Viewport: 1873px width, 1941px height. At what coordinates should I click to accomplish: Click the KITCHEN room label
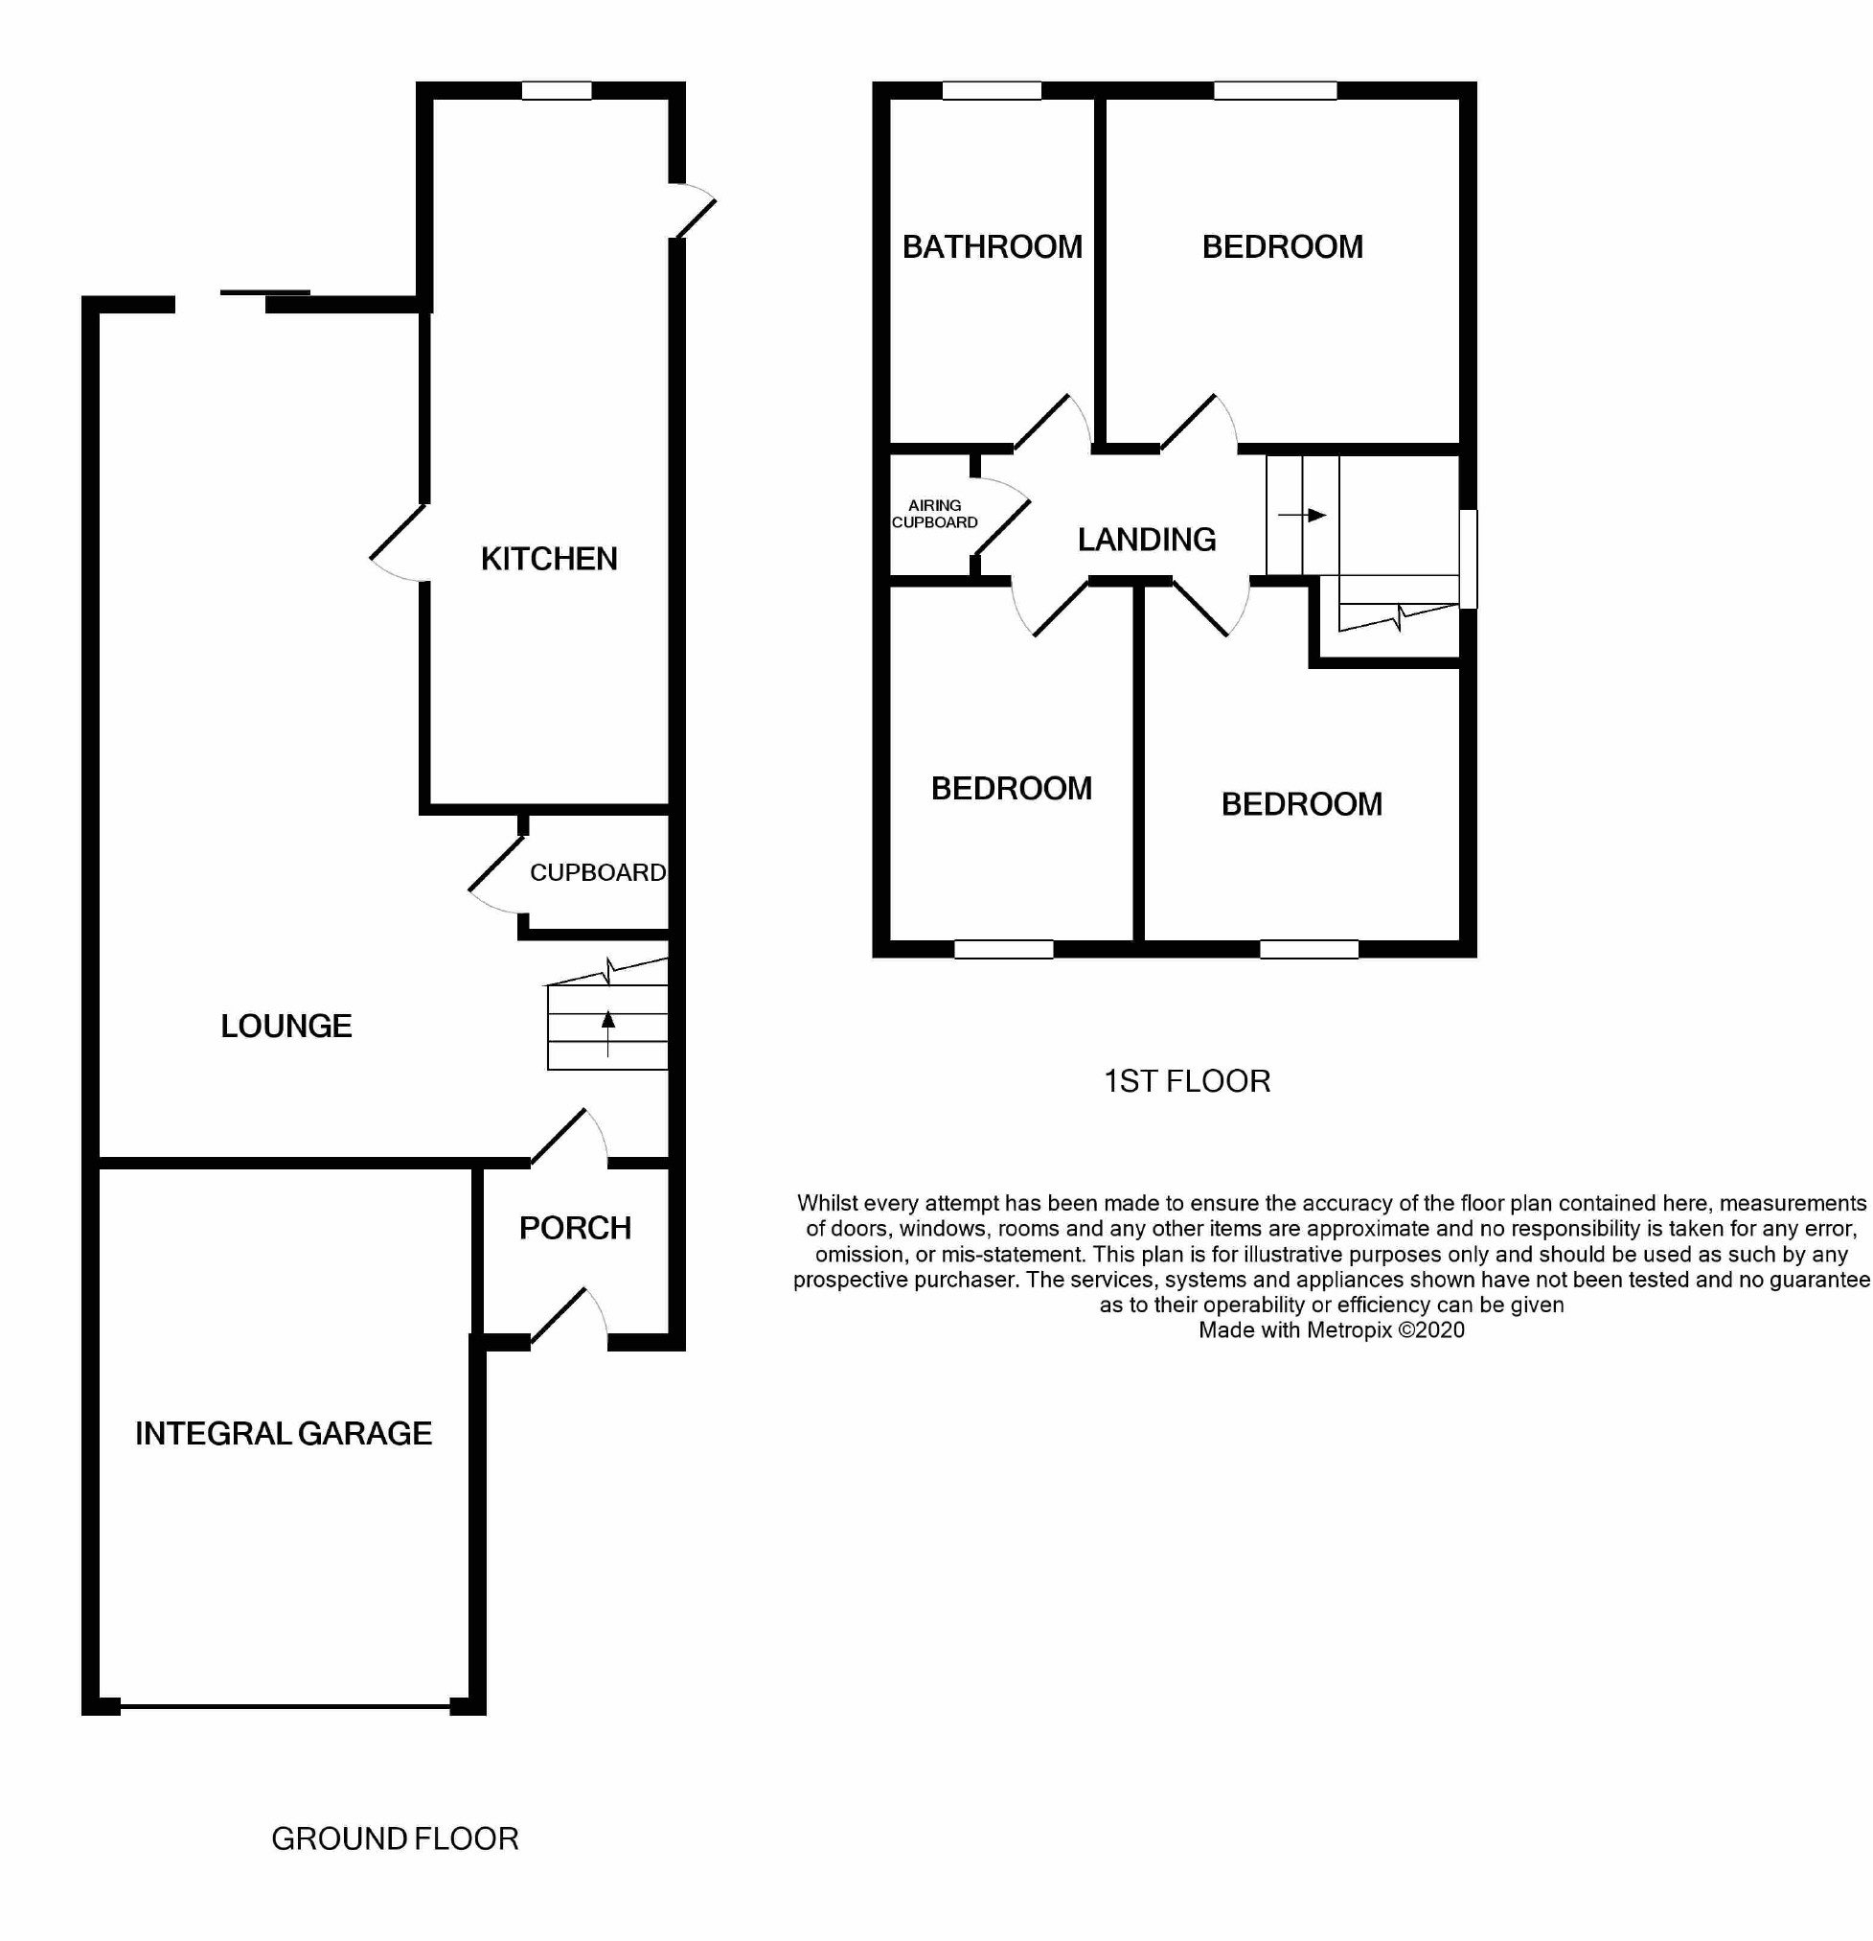tap(548, 560)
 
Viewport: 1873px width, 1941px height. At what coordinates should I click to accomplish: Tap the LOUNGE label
tap(286, 1026)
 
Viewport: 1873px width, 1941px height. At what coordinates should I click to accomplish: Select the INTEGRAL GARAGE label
tap(284, 1434)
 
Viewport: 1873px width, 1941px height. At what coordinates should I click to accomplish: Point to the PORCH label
tap(575, 1229)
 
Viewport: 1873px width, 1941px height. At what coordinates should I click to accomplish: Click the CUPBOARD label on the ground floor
tap(597, 872)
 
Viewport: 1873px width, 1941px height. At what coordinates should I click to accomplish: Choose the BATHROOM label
tap(992, 246)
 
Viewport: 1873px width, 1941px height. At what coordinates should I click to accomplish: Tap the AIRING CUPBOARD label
tap(934, 514)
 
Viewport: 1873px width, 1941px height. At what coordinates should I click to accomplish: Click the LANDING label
tap(1147, 540)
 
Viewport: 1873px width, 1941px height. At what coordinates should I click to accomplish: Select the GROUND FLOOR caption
tap(395, 1839)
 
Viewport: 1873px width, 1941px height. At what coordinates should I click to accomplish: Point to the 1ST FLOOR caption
tap(1187, 1081)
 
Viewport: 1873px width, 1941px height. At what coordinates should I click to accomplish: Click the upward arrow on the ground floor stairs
tap(607, 1029)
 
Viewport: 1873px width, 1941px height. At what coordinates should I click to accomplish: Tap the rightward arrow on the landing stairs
tap(1303, 515)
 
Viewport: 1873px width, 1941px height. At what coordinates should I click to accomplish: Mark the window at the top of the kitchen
tap(557, 91)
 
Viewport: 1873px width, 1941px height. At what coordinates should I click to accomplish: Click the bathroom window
tap(991, 91)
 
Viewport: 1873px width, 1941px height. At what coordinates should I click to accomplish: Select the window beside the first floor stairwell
tap(1469, 559)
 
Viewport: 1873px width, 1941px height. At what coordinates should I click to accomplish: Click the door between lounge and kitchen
tap(399, 543)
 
